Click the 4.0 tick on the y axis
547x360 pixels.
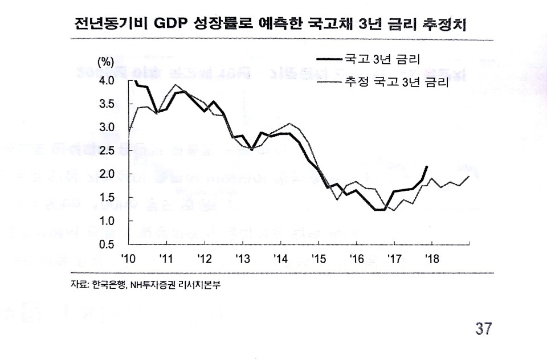(107, 80)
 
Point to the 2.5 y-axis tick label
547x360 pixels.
(107, 150)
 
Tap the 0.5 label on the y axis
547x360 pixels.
(107, 244)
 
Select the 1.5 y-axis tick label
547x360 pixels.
(107, 197)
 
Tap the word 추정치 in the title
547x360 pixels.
(451, 24)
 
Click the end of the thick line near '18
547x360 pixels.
(427, 167)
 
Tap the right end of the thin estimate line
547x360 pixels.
(469, 176)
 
